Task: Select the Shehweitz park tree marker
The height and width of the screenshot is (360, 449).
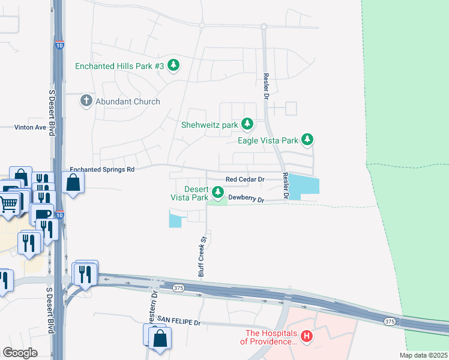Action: tap(247, 125)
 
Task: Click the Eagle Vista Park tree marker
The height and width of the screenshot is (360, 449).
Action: tap(307, 140)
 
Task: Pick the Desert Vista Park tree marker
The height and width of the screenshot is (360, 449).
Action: tap(218, 193)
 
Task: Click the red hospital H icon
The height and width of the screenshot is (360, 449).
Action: tap(307, 337)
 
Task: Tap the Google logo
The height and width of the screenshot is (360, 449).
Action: tap(20, 352)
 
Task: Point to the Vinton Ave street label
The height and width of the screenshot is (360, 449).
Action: tap(31, 128)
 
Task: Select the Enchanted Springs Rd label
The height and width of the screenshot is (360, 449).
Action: tap(102, 170)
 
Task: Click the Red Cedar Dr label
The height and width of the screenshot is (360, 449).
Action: tap(245, 179)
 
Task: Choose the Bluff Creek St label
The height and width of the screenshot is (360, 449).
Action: tap(203, 256)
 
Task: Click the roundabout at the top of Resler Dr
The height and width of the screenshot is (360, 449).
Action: tap(263, 26)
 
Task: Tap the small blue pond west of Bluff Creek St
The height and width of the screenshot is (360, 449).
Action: tap(175, 220)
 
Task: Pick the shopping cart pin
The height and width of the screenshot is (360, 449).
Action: tap(8, 205)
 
